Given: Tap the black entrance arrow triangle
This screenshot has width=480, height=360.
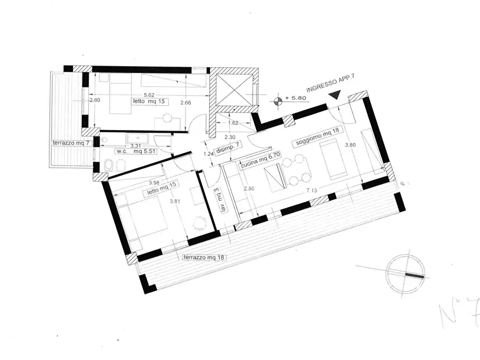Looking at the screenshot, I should click(335, 95).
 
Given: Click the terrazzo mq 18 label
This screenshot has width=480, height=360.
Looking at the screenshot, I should click(204, 257).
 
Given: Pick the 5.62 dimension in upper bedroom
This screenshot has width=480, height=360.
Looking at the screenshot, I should click(139, 92).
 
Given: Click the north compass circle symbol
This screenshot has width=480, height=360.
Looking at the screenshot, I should click(407, 273).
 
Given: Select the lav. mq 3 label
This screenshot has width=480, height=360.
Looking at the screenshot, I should click(217, 198).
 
